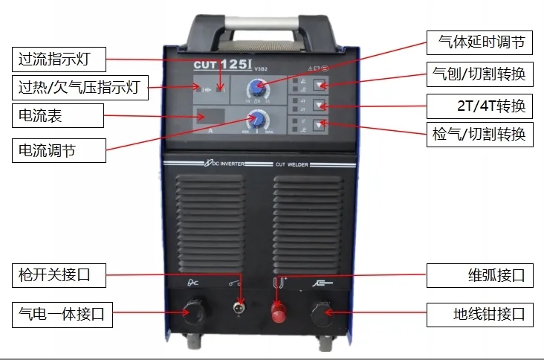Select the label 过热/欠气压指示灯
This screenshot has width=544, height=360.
click(x=80, y=87)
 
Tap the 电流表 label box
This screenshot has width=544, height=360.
click(x=58, y=116)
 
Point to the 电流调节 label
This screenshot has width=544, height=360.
click(x=58, y=151)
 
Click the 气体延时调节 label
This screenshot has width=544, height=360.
click(x=480, y=42)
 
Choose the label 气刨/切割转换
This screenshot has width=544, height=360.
click(x=480, y=74)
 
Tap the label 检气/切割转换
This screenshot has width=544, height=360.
click(x=480, y=135)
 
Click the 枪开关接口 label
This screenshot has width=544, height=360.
click(x=58, y=274)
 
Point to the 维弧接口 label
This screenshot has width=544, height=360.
click(x=480, y=275)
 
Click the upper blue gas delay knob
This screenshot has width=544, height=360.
click(x=257, y=89)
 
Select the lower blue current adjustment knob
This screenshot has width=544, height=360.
click(x=258, y=120)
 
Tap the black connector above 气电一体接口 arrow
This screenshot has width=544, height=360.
click(x=194, y=312)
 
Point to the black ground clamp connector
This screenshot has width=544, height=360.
click(x=322, y=312)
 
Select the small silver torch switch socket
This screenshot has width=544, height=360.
click(x=238, y=308)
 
